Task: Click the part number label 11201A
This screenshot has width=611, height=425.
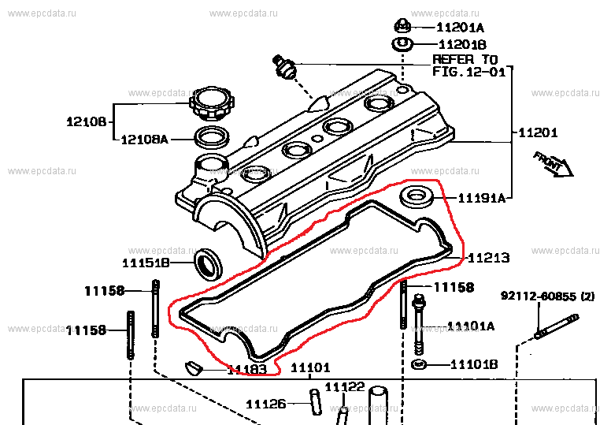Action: click(x=460, y=26)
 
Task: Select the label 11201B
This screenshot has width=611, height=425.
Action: click(x=461, y=45)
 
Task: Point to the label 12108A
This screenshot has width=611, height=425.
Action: click(x=144, y=140)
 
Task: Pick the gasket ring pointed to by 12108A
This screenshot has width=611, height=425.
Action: click(x=211, y=138)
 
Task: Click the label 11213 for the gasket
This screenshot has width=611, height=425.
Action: click(x=488, y=257)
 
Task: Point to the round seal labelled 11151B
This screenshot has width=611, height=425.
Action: click(x=209, y=263)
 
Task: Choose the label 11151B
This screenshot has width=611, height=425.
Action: click(x=146, y=263)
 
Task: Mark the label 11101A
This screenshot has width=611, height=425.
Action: click(x=471, y=326)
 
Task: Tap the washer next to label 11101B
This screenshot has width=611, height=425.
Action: click(x=419, y=364)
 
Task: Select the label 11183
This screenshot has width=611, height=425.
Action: click(x=248, y=368)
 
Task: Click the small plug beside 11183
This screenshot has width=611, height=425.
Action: click(x=193, y=366)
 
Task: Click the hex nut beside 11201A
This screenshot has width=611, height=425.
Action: click(x=401, y=25)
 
